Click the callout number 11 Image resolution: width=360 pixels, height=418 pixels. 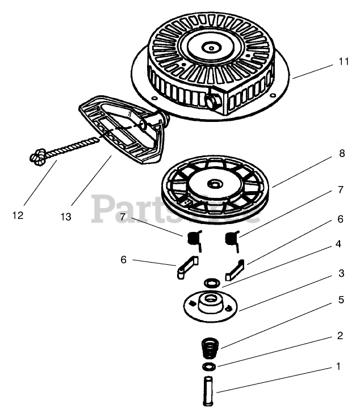point(342,62)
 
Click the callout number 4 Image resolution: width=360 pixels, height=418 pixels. point(338,244)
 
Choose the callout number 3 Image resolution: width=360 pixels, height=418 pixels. point(341,273)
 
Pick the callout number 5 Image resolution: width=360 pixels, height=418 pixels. point(341,300)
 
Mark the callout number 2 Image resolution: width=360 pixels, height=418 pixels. point(340,336)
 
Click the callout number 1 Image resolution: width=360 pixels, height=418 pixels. point(339,367)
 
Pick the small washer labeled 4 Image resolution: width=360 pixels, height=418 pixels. point(211,282)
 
